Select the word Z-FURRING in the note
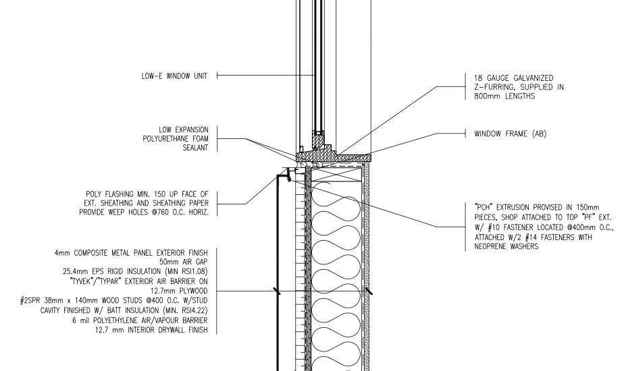click(491, 87)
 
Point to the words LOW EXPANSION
click(185, 129)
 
